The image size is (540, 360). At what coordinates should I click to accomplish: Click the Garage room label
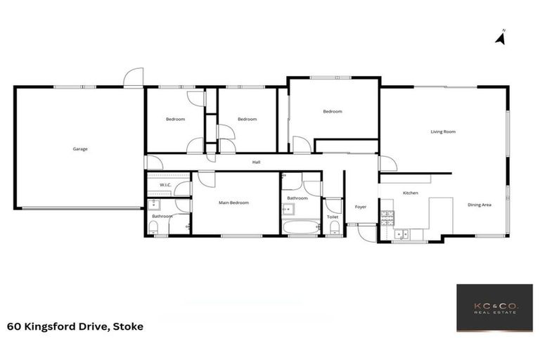pos(80,149)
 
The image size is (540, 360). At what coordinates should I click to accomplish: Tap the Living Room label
pos(443,131)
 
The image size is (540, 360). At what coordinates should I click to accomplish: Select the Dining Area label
pos(479,205)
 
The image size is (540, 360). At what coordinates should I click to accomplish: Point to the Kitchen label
pos(411,193)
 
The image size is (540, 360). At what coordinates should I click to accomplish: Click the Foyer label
pos(361,207)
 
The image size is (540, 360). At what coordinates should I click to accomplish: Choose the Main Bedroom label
pos(233,202)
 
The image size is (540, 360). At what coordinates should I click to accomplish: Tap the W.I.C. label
pos(166,185)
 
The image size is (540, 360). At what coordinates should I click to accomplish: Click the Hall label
pos(257,162)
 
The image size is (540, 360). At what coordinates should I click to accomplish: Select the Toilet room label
pos(333,217)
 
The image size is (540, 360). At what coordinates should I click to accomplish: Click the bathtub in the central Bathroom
pos(301,227)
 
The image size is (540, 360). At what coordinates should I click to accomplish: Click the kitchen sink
pos(401,234)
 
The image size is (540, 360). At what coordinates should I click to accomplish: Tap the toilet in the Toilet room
pos(333,230)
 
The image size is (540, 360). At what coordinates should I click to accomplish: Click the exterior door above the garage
pos(134,77)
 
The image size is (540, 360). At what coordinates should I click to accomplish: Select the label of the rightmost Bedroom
pos(333,112)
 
